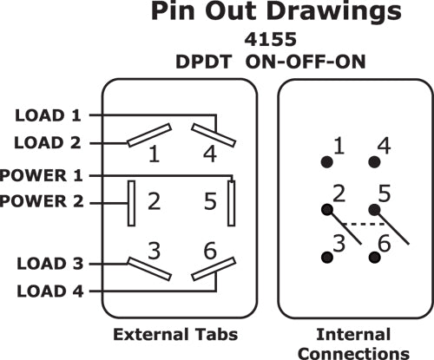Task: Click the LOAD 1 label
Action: [48, 115]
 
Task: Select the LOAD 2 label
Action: [48, 143]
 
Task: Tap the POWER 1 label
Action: [42, 175]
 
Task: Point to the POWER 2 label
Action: [42, 201]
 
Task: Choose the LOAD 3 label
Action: [50, 264]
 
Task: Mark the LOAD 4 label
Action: [50, 291]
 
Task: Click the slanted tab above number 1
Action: [149, 135]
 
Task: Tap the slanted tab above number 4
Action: [214, 135]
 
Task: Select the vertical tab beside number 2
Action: [131, 203]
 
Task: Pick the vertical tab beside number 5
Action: [231, 203]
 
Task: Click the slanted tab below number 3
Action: [149, 269]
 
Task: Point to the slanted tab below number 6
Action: [214, 269]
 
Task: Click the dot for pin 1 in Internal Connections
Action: [327, 162]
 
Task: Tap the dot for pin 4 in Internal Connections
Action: [374, 162]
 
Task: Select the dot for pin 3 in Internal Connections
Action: [327, 257]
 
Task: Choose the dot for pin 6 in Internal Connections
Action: [374, 257]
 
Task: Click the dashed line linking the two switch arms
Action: [365, 224]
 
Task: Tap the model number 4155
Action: [271, 39]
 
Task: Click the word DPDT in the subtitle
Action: [204, 62]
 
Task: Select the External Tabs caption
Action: [175, 334]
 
